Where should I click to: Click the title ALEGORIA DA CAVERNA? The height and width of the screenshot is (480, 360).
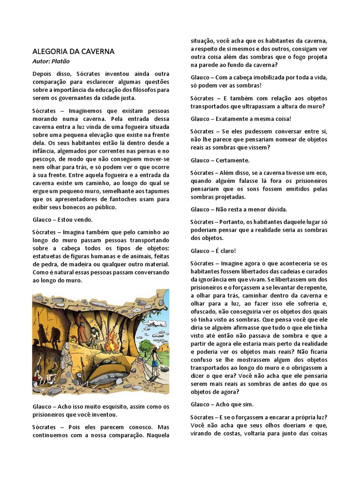click(74, 51)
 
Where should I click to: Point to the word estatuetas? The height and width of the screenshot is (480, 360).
click(51, 256)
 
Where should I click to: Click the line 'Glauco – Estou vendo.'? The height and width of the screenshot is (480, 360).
click(62, 219)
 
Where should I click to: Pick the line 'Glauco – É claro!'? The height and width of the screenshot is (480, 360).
click(213, 251)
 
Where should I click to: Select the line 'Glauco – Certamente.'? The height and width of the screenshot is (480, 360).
click(220, 160)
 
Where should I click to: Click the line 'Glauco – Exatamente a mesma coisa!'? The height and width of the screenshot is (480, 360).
click(241, 119)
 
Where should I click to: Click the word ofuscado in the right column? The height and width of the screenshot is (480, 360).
click(206, 312)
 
